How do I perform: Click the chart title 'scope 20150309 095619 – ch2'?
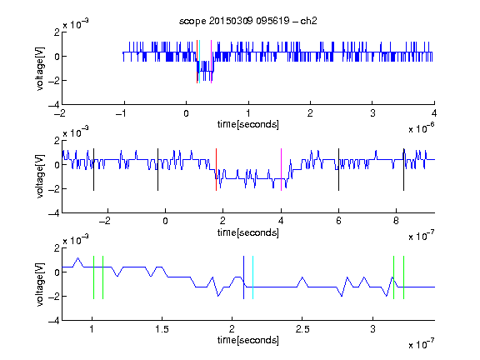(248, 21)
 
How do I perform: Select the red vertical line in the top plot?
(197, 62)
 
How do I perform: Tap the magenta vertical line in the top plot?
(211, 62)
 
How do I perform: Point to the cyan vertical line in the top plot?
(200, 62)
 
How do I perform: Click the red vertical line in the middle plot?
(216, 170)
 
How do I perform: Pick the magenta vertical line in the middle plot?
(281, 170)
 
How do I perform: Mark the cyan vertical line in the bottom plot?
(252, 277)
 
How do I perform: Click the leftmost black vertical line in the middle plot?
(93, 170)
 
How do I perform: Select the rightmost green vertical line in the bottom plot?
(404, 277)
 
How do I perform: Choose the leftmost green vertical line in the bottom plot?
(93, 277)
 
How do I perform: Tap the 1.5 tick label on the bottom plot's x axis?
(162, 329)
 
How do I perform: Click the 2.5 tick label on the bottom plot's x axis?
(302, 329)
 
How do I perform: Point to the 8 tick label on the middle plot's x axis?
(396, 221)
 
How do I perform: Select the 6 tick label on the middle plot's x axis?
(338, 221)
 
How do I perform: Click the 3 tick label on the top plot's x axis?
(372, 113)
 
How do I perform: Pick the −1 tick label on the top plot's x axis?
(122, 113)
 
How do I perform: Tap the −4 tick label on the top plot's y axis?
(54, 105)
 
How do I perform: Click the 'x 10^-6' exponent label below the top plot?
(422, 128)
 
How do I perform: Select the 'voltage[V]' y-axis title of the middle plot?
(40, 177)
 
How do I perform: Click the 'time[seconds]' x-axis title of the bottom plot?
(248, 340)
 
